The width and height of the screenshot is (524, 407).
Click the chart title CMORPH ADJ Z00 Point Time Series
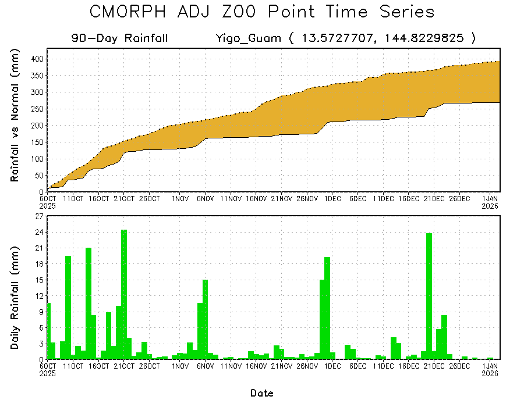(x=262, y=12)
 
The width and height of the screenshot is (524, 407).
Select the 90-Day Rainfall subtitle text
(x=120, y=38)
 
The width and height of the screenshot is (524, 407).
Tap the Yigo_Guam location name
(x=248, y=38)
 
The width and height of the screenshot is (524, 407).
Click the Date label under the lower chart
(x=261, y=393)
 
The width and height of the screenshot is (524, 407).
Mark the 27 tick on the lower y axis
(x=39, y=216)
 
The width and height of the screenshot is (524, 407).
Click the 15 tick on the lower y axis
(x=39, y=280)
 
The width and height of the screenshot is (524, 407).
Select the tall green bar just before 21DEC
(x=429, y=296)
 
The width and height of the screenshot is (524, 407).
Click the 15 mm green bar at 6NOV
(x=205, y=319)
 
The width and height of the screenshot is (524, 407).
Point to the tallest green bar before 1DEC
(x=327, y=308)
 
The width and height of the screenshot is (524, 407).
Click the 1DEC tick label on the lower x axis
(x=332, y=366)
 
